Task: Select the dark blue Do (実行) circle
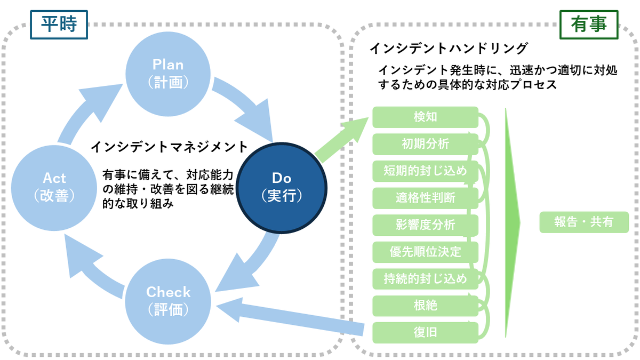(282, 187)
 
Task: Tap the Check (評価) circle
(168, 300)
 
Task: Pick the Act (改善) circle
(54, 187)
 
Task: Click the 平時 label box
(59, 25)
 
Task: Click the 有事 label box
(588, 25)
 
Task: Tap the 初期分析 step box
(425, 144)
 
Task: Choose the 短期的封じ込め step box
(425, 171)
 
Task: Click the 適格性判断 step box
(425, 198)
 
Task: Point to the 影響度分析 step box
(425, 225)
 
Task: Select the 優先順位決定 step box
(425, 252)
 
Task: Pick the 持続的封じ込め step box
(425, 278)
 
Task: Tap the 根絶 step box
(425, 306)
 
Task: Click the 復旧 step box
(425, 332)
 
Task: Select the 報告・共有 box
(584, 222)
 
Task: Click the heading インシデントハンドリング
(449, 49)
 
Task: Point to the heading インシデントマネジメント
(169, 146)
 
